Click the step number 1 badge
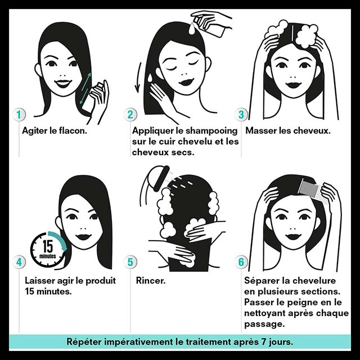coord(19,115)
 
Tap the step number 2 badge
coord(130,115)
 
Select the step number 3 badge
coord(241,115)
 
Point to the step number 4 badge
coord(19,262)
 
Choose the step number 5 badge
coord(130,262)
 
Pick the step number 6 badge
coord(241,262)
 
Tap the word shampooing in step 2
coord(211,131)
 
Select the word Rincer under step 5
coord(151,280)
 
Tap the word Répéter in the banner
coord(84,342)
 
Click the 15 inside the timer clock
coord(48,246)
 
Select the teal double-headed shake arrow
coord(85,88)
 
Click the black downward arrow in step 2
coord(138,78)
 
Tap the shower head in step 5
coord(161,178)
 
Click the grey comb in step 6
coord(310,189)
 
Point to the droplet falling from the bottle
coord(192,29)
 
